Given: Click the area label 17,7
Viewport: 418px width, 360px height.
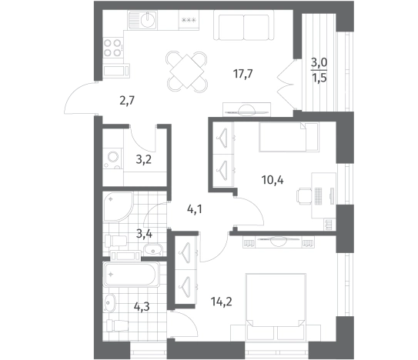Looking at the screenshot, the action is [242, 74].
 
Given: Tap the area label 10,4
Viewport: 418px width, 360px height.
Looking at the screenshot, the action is [273, 181].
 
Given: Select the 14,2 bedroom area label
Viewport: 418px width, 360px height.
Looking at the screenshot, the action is [221, 302].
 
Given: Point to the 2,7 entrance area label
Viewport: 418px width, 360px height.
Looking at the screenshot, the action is [127, 101].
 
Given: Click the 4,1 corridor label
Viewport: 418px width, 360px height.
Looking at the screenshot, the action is [195, 209].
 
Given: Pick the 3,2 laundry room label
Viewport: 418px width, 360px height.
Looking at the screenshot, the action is [144, 160].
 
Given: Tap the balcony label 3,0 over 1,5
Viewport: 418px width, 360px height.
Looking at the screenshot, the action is [319, 71].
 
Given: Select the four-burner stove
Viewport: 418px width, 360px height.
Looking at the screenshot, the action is [113, 48].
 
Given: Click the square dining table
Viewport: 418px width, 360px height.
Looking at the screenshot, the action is [186, 71].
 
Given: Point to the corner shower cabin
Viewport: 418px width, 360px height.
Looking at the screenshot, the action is [118, 207].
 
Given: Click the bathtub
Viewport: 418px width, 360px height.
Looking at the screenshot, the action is [132, 274].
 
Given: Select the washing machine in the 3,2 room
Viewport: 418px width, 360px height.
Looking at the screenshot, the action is [113, 158].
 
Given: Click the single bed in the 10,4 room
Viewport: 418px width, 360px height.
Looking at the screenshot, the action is [289, 137].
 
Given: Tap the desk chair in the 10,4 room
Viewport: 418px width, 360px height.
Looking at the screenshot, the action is [304, 196].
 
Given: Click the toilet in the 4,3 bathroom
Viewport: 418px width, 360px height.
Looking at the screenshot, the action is [118, 325].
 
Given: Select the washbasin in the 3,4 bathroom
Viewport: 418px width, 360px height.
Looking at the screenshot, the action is [152, 249].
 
